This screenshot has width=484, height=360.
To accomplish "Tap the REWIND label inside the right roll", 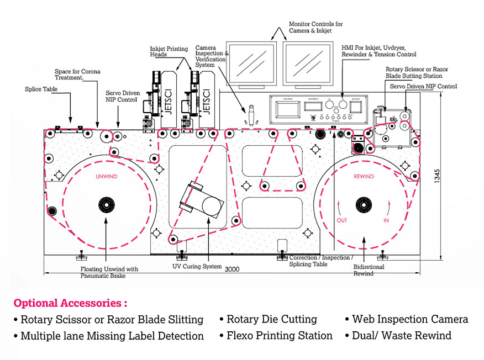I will pyautogui.click(x=364, y=177).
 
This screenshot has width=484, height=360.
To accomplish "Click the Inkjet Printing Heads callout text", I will pyautogui.click(x=169, y=52).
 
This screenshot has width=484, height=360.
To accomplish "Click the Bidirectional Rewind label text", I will pyautogui.click(x=369, y=270).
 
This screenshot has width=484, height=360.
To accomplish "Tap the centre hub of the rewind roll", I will pyautogui.click(x=364, y=204).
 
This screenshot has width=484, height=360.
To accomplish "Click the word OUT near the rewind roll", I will pyautogui.click(x=342, y=220).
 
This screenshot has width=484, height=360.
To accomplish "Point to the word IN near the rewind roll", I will pyautogui.click(x=386, y=220).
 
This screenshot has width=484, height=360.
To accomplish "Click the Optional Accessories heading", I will pyautogui.click(x=70, y=303).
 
